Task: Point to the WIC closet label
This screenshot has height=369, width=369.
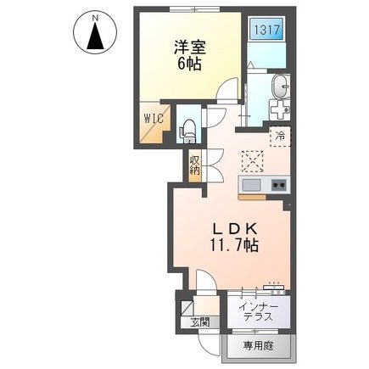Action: (x=153, y=119)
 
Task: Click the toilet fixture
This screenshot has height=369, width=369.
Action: (x=188, y=131)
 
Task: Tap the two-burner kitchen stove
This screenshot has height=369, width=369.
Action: (x=277, y=186)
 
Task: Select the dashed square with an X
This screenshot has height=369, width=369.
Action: (x=253, y=159)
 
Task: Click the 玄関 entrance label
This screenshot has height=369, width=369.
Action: (x=198, y=322)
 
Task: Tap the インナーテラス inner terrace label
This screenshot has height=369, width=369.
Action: (x=256, y=311)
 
